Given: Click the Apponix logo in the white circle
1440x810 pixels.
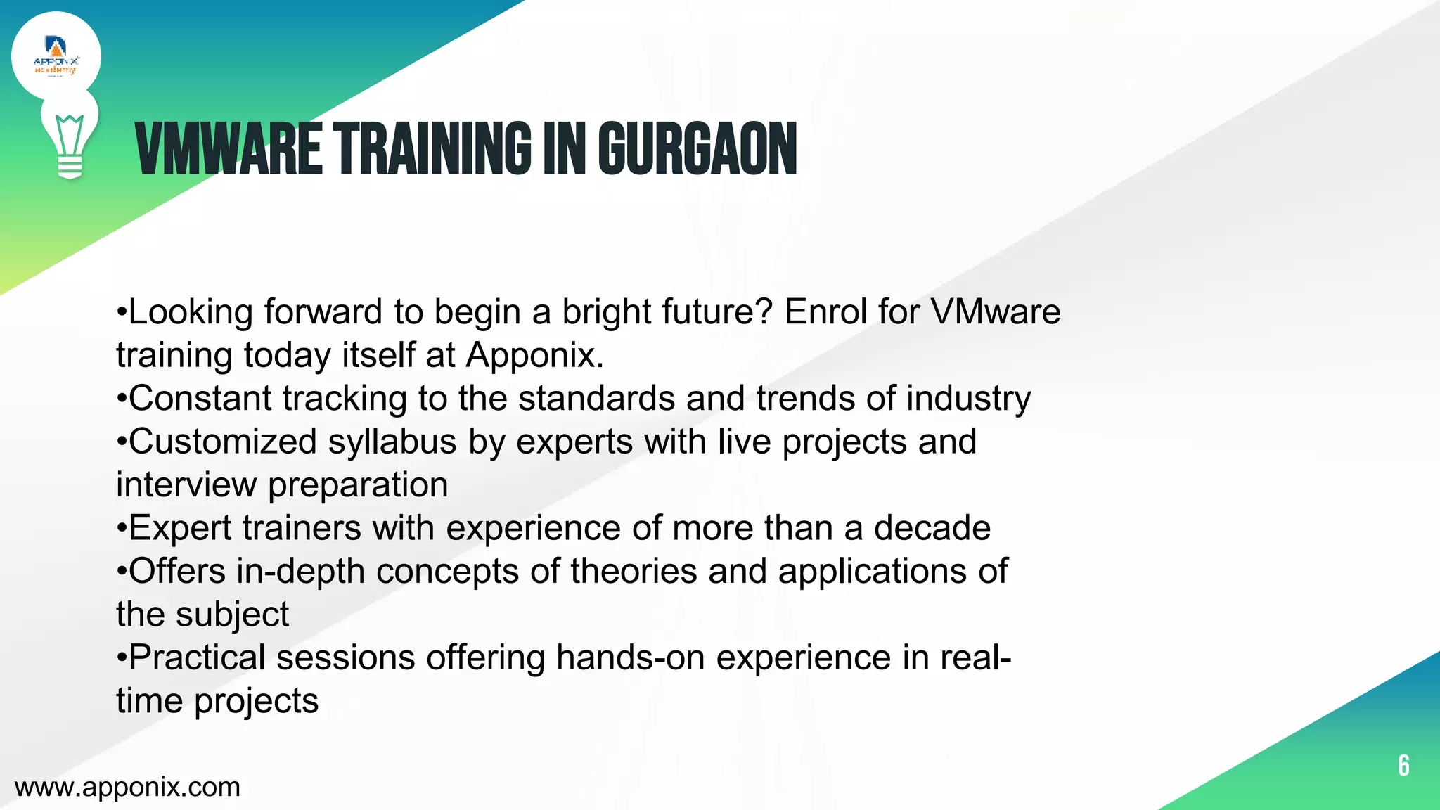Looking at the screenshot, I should click(x=56, y=57).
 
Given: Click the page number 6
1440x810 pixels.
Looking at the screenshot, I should click(x=1403, y=765).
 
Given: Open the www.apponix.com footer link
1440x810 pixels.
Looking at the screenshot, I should click(x=127, y=787).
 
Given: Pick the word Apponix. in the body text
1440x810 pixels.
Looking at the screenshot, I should click(x=535, y=354).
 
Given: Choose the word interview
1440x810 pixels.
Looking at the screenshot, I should click(x=186, y=484).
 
